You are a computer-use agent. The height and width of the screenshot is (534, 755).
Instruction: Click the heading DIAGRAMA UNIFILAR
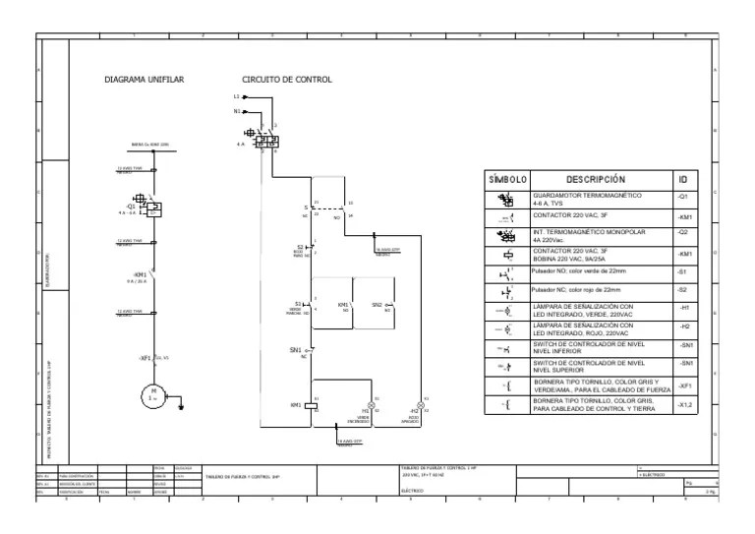tap(145, 79)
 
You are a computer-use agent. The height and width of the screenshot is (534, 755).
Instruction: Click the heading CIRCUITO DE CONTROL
tap(286, 79)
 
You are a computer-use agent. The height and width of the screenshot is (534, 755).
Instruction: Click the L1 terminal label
tap(237, 97)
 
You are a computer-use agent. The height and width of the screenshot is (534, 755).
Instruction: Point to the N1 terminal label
tap(237, 111)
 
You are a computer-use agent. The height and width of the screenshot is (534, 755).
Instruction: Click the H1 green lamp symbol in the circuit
tap(373, 405)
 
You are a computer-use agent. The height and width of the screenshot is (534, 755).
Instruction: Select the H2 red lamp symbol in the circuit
tap(423, 405)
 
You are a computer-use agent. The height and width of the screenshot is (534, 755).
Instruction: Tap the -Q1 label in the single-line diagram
tap(131, 207)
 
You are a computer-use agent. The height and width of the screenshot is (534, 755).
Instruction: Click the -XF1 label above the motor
tap(145, 357)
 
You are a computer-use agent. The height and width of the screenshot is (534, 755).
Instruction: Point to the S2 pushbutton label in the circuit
tap(300, 247)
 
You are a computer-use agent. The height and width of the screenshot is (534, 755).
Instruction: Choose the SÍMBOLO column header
tap(508, 180)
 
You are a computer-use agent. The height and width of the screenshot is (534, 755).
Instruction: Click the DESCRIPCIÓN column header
tap(596, 180)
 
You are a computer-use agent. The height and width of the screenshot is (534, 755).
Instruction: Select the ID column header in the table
tap(683, 180)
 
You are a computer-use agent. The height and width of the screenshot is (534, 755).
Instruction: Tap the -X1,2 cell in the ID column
tap(685, 404)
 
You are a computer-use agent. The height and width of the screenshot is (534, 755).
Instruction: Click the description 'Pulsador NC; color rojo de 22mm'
tap(576, 290)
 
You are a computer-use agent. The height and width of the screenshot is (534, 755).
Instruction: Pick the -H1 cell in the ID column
tap(684, 309)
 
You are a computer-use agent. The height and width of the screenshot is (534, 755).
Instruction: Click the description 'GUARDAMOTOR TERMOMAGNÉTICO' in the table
tap(587, 196)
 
